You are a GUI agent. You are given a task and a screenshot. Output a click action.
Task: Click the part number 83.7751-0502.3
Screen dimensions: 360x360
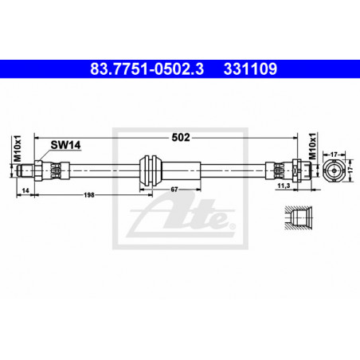click(147, 68)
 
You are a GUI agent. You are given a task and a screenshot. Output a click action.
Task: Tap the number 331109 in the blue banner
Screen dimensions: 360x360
click(250, 68)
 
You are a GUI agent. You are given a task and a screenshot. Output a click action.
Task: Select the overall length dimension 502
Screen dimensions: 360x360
click(181, 137)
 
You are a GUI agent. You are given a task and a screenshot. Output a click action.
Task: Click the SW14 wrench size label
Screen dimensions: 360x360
click(65, 145)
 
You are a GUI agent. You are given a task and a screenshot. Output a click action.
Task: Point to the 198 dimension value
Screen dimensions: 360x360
click(89, 195)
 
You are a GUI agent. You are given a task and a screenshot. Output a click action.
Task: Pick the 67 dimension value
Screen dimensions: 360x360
click(174, 190)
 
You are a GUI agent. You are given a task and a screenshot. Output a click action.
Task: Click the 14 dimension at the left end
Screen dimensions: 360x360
click(25, 190)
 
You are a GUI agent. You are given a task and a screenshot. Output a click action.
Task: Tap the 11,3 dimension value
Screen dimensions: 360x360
click(284, 186)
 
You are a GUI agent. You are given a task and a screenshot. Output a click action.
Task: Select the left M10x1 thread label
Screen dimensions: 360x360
click(18, 149)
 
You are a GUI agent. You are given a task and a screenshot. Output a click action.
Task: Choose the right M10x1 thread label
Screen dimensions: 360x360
click(313, 146)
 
